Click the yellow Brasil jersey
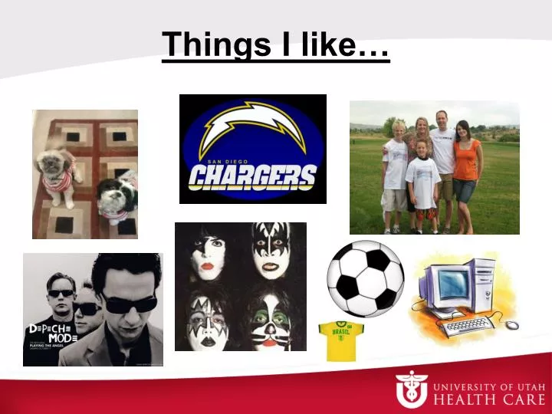pos(340,340)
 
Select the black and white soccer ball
pos(366,279)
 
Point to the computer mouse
pos(511,325)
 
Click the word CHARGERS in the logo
pos(252,177)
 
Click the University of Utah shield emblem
pos(411,389)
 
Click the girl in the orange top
pos(466,169)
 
